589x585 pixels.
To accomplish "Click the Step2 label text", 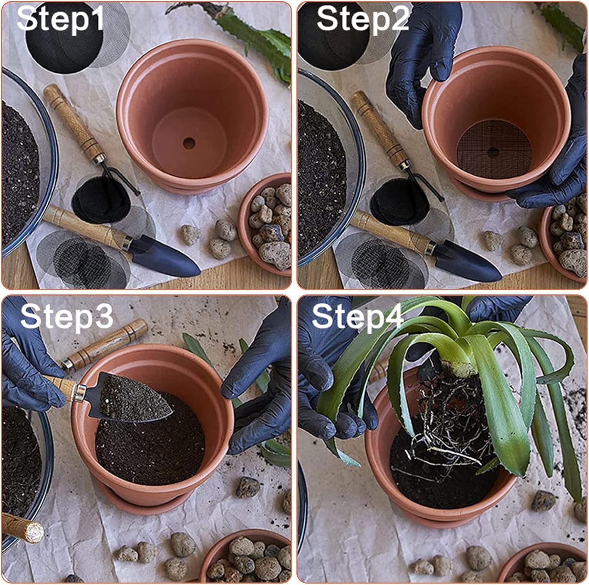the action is tap(362, 19).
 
